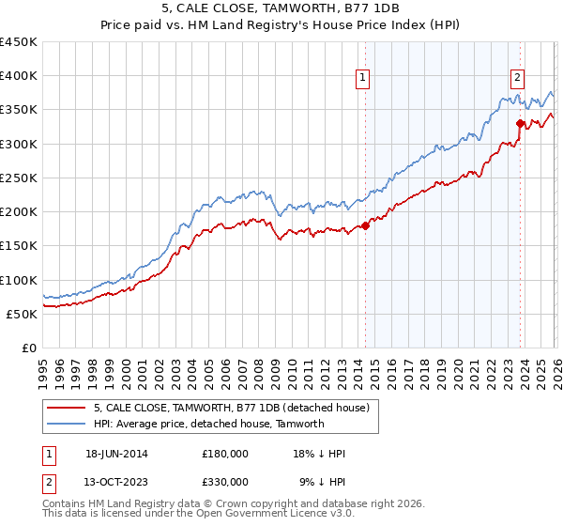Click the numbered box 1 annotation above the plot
click(362, 79)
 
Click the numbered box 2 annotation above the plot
click(517, 79)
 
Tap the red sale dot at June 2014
click(365, 225)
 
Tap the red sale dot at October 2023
click(520, 123)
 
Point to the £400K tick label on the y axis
click(19, 76)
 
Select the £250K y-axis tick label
click(19, 178)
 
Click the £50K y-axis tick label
click(22, 314)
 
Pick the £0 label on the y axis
click(30, 348)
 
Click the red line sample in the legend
click(67, 408)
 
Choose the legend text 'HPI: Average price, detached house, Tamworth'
click(208, 424)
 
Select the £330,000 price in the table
click(225, 481)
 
